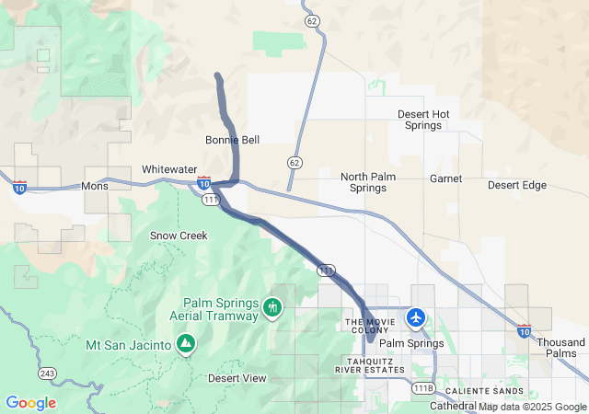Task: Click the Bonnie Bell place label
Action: click(232, 140)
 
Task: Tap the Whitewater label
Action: click(169, 169)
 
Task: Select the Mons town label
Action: click(95, 186)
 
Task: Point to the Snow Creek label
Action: click(179, 236)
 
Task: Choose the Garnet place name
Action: click(445, 178)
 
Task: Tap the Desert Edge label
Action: click(517, 185)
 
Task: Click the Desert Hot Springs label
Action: click(424, 120)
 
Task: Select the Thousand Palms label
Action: click(561, 348)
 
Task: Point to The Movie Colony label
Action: click(368, 327)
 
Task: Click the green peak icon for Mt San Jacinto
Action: click(186, 345)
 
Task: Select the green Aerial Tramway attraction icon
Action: click(272, 307)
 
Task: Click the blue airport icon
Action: click(417, 318)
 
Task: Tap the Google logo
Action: click(30, 403)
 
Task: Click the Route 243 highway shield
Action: click(48, 374)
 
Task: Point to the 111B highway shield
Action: click(423, 388)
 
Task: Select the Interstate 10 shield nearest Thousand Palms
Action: click(524, 329)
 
